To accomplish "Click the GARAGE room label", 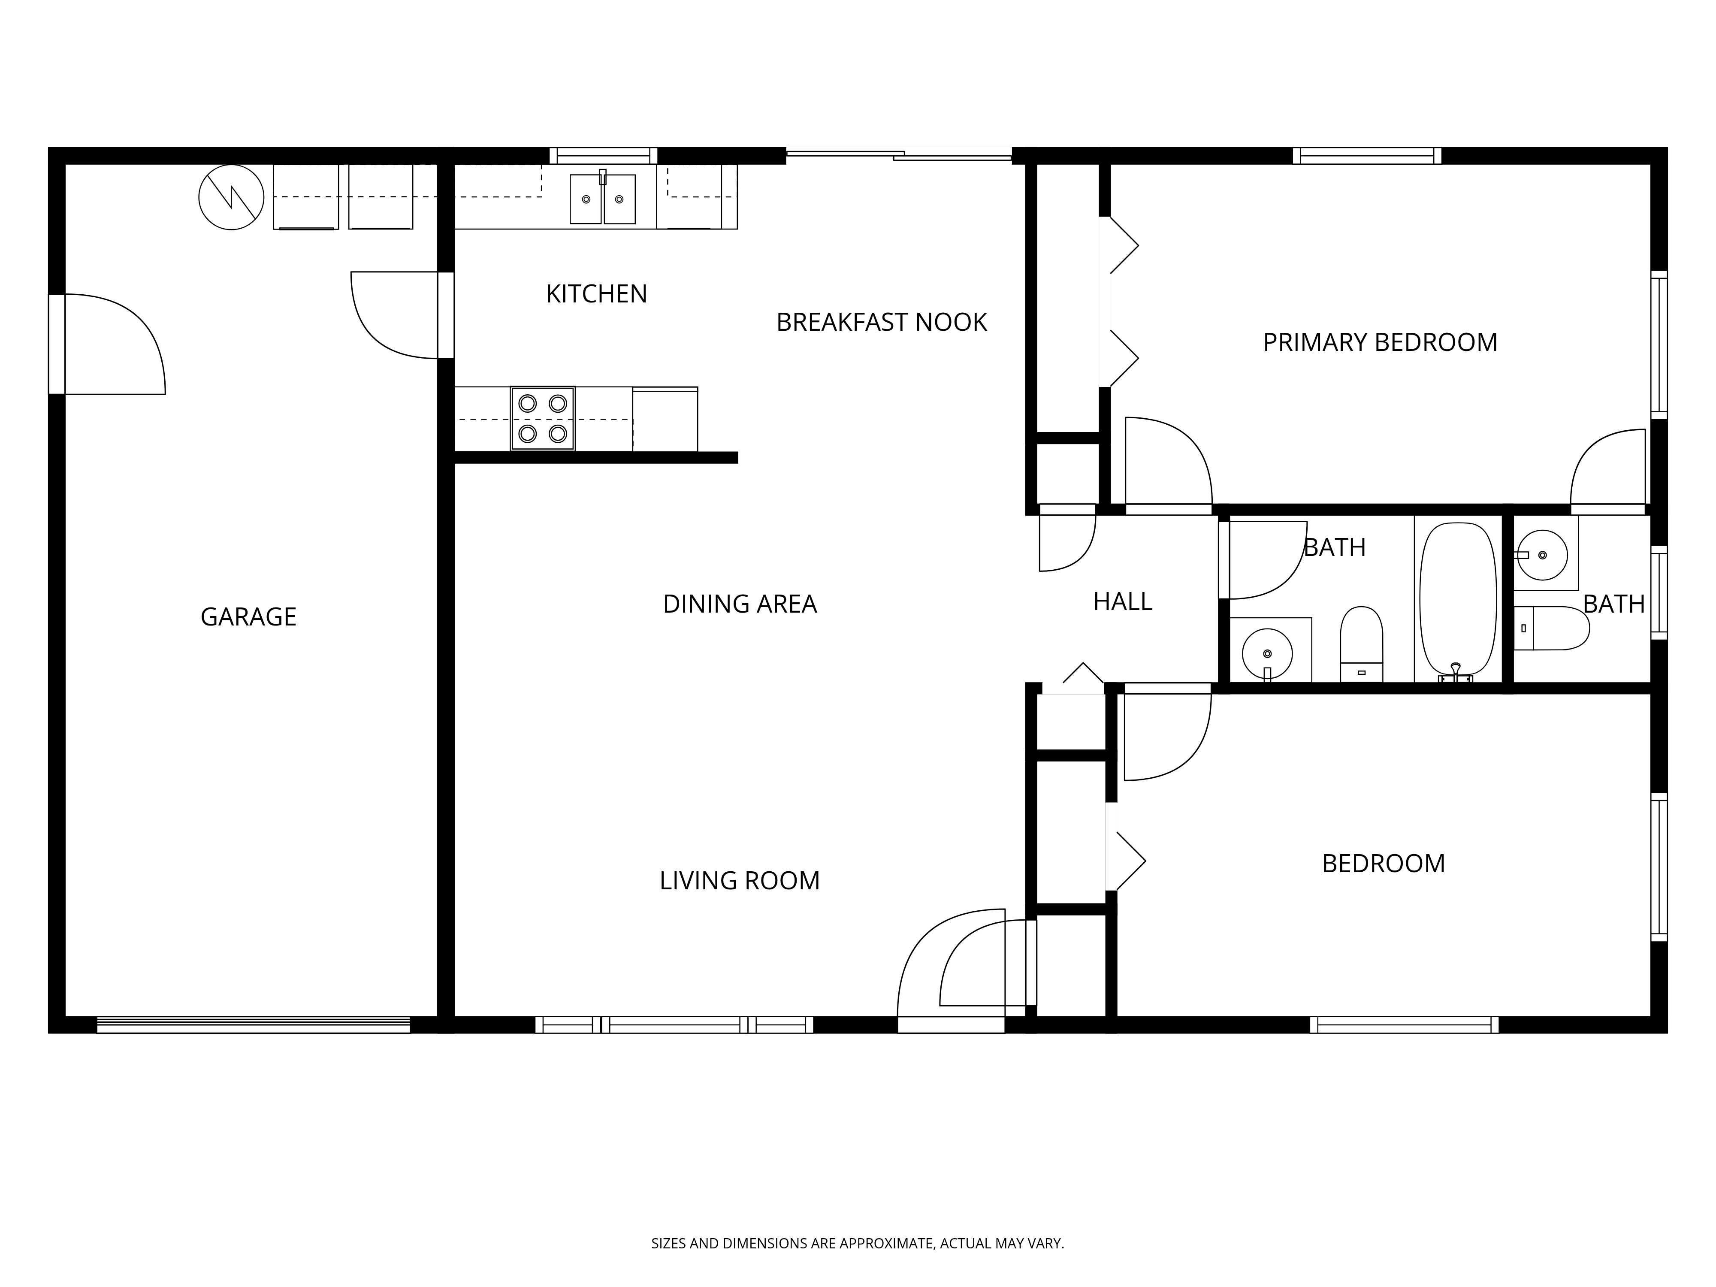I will click(248, 617).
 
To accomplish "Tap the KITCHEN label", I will click(596, 294).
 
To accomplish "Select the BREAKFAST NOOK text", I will click(881, 322).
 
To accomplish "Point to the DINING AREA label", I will click(739, 604).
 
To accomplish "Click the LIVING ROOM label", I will click(739, 880).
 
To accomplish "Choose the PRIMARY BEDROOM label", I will click(1379, 342).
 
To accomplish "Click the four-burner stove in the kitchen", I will click(542, 418).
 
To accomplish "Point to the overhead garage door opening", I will click(253, 1024).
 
